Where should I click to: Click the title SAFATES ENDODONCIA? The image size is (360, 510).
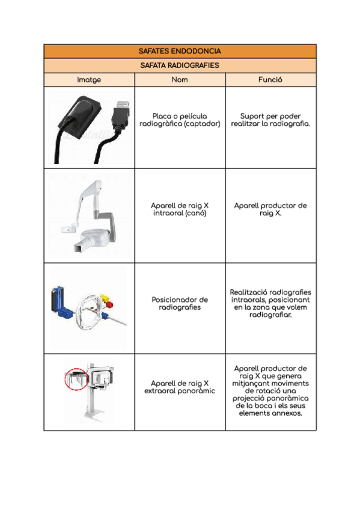pyautogui.click(x=180, y=51)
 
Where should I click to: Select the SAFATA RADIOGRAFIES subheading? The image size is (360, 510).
pyautogui.click(x=180, y=65)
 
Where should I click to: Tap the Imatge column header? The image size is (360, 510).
pyautogui.click(x=89, y=79)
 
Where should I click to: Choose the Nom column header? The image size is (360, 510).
pyautogui.click(x=180, y=79)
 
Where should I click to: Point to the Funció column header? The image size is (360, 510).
pyautogui.click(x=270, y=79)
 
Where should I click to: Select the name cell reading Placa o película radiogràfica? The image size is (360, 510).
pyautogui.click(x=180, y=120)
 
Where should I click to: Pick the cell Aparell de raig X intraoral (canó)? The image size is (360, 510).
pyautogui.click(x=180, y=209)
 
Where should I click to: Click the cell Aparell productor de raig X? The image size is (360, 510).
pyautogui.click(x=270, y=209)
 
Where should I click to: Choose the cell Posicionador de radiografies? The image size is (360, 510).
pyautogui.click(x=180, y=303)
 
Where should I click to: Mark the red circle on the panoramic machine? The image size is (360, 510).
pyautogui.click(x=76, y=379)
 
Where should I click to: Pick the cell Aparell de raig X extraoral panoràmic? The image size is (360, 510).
pyautogui.click(x=180, y=387)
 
